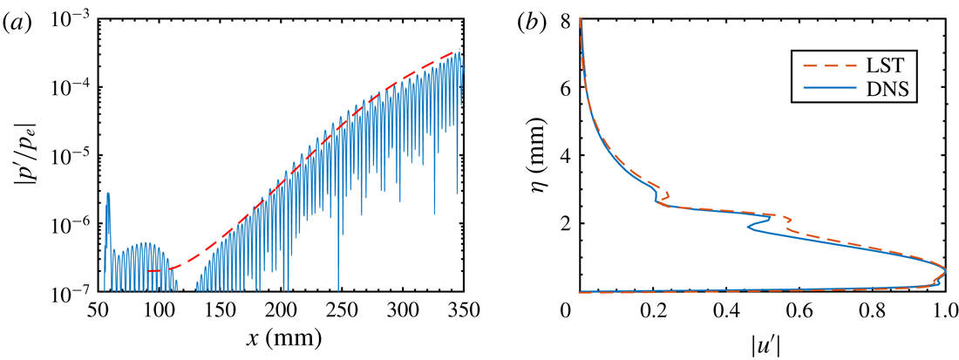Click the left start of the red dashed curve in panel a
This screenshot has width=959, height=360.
pyautogui.click(x=148, y=271)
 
